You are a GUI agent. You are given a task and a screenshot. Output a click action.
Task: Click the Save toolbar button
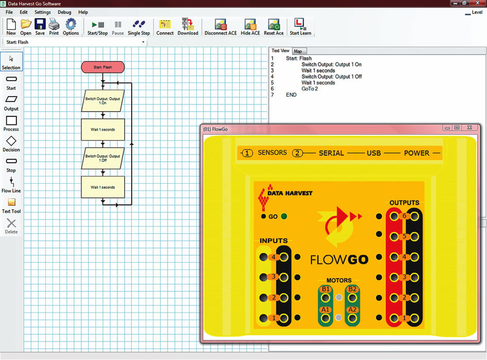click(40, 27)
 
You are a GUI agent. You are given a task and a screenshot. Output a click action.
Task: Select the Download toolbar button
click(188, 27)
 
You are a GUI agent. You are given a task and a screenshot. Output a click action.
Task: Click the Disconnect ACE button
click(221, 27)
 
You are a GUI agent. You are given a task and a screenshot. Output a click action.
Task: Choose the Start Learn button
click(300, 27)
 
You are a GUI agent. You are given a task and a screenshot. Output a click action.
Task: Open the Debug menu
click(64, 12)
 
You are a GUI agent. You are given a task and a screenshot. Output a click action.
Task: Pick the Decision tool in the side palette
click(11, 144)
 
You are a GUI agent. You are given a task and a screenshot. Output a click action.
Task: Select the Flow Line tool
click(11, 185)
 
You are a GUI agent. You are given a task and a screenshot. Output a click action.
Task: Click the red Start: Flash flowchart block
click(103, 67)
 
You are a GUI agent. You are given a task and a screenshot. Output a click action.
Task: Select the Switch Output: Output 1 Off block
click(103, 158)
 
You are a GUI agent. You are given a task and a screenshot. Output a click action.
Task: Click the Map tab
click(298, 51)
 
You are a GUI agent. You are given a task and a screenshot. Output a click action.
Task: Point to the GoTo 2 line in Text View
click(309, 88)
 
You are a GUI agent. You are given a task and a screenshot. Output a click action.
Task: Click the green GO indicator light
click(284, 217)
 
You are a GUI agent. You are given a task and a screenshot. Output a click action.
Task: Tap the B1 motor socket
click(325, 290)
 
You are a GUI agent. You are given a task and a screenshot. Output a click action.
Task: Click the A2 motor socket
click(352, 310)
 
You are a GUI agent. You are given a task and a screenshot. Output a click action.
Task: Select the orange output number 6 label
click(405, 217)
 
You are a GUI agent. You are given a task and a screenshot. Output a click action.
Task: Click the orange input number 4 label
click(273, 257)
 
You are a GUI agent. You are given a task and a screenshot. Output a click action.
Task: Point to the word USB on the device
click(374, 153)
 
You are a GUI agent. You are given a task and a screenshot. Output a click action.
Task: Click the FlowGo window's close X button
click(469, 128)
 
